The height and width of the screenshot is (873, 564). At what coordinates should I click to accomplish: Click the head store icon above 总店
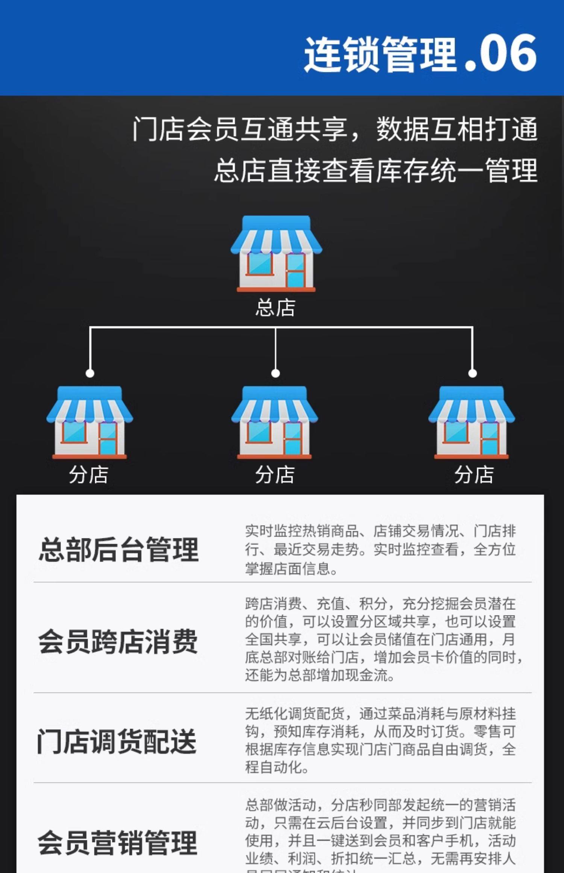(276, 253)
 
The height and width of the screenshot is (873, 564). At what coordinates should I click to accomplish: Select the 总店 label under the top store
(276, 308)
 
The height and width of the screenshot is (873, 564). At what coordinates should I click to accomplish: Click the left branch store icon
(89, 422)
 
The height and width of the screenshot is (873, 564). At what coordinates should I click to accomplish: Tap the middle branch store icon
(275, 422)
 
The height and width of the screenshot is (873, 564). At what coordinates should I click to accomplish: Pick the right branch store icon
(472, 422)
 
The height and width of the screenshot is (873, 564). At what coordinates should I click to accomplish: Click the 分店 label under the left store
(89, 474)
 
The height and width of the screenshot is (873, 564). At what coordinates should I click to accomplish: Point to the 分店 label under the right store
(474, 474)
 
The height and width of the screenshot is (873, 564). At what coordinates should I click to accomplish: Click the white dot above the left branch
(90, 373)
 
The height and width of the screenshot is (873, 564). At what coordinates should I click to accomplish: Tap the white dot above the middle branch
(276, 373)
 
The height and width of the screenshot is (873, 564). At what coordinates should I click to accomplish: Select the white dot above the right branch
(473, 373)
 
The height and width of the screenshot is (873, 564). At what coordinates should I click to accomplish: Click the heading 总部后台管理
(119, 550)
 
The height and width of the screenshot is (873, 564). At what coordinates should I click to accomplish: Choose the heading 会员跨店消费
(118, 641)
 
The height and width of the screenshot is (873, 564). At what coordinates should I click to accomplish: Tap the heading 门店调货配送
(117, 741)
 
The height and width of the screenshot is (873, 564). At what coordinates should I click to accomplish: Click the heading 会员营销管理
(118, 843)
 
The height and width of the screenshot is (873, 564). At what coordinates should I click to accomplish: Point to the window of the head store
(259, 263)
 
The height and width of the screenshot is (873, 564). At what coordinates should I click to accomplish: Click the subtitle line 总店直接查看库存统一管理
(376, 170)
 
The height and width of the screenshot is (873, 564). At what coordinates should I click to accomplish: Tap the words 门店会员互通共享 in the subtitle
(239, 129)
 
